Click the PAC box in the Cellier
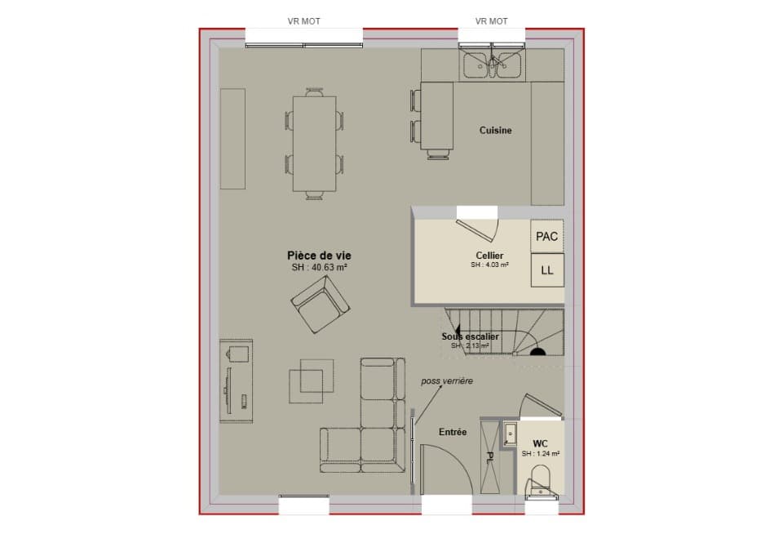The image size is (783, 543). point(546,237)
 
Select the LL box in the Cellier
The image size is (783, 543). point(546,270)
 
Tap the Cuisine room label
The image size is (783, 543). point(495,130)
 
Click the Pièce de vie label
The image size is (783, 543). point(319,255)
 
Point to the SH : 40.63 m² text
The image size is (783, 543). point(320,267)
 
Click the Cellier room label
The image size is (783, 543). point(489,256)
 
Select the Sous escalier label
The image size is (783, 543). point(470,336)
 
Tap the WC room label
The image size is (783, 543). point(540,443)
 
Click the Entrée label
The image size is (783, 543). point(453,432)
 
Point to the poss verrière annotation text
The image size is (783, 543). point(446,381)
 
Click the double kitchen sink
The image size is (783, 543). point(493,65)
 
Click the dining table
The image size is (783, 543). point(314,143)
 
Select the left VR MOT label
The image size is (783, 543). point(303,21)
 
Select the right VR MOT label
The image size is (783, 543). point(492,21)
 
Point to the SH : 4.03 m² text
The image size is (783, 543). point(489,265)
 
